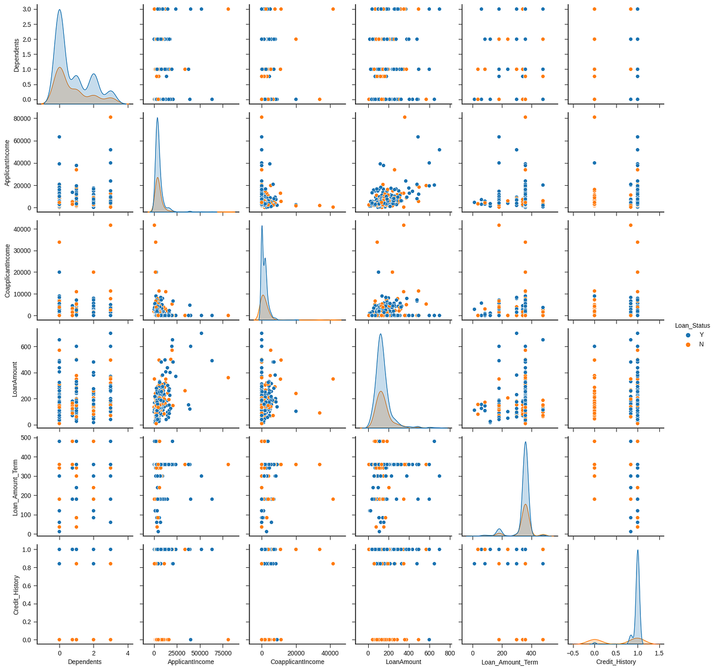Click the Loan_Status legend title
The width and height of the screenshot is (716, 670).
(x=692, y=325)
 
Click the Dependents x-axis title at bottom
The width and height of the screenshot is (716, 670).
(x=85, y=662)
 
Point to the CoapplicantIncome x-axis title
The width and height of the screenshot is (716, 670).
(x=297, y=662)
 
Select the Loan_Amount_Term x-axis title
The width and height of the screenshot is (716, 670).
(x=510, y=662)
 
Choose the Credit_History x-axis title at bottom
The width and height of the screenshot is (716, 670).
(x=616, y=662)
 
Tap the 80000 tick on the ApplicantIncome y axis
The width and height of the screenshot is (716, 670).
(x=23, y=118)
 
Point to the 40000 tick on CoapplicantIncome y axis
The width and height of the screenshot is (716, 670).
(x=23, y=229)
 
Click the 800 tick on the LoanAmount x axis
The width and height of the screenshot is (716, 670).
(x=449, y=653)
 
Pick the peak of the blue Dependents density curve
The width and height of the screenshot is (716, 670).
(x=59, y=10)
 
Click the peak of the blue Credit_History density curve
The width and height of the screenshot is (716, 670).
(x=637, y=551)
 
